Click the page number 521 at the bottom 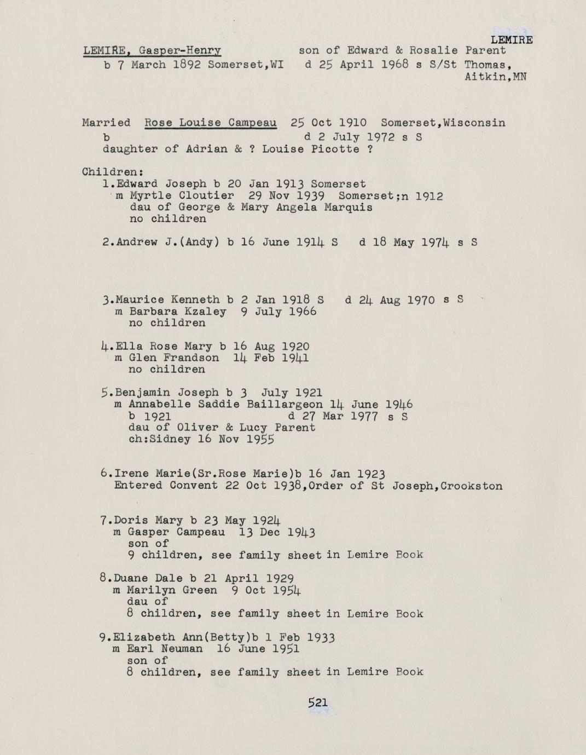point(317,702)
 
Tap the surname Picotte point(338,149)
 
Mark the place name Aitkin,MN point(495,77)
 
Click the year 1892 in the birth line point(187,65)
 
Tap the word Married point(106,123)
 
